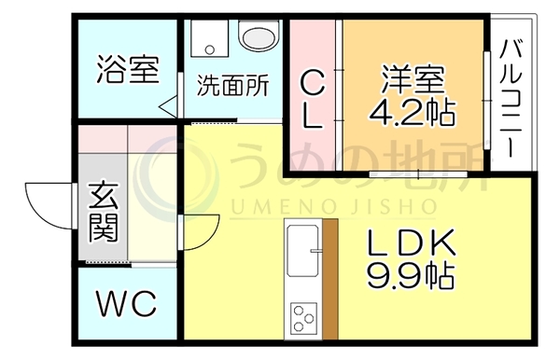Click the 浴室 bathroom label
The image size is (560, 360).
coord(128,69)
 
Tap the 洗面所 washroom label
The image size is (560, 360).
coord(232,86)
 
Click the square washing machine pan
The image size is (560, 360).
coord(210,38)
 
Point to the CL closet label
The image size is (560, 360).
coord(313,99)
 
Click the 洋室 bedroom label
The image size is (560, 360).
coord(413,78)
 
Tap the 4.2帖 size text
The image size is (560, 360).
coord(413,112)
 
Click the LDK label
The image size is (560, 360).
coord(412,242)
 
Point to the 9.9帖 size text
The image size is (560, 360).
coord(411,276)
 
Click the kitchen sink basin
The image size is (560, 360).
coord(302,251)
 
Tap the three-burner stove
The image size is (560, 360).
coord(303,318)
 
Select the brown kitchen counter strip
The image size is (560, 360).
coord(330,279)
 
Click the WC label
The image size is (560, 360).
coord(127,303)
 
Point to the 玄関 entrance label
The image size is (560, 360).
coord(104,212)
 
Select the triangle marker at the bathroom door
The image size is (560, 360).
coord(168,106)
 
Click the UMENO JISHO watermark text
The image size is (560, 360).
coord(333,206)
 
